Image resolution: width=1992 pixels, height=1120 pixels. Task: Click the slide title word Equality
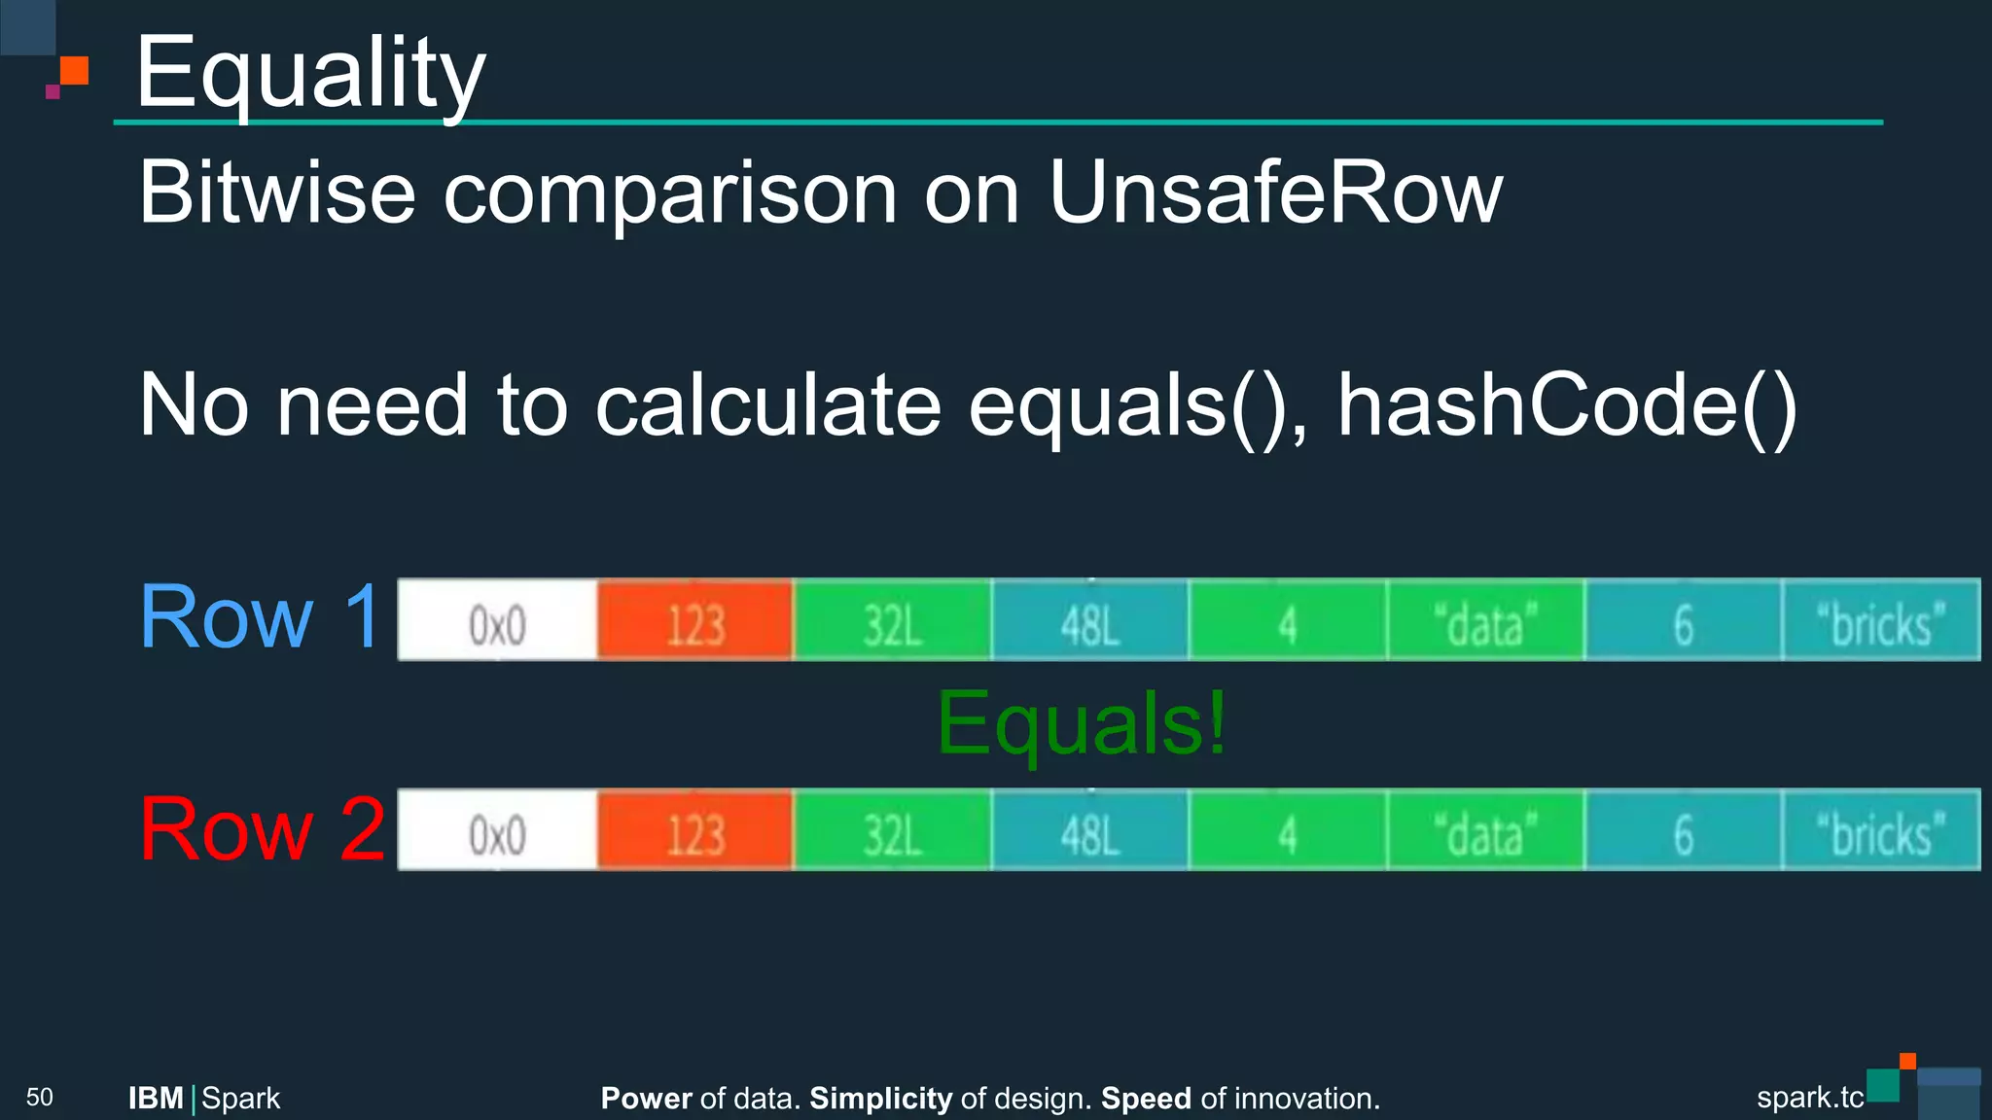[309, 74]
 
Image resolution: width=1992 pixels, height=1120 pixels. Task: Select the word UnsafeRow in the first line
[1275, 192]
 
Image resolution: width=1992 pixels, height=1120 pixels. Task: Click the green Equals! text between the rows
[1082, 723]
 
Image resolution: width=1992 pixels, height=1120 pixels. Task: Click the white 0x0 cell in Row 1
[497, 620]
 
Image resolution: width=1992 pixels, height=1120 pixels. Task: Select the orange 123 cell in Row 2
[695, 830]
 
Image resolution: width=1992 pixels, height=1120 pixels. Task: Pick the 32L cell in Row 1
[893, 620]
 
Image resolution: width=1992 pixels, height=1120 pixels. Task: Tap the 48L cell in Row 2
[1090, 830]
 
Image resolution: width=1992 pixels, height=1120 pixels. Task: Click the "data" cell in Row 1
[1485, 620]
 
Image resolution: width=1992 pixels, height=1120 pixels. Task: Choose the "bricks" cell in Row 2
[1881, 830]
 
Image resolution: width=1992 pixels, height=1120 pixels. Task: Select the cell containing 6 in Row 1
[1683, 620]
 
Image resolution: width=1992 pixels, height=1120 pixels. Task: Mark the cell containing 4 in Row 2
[1288, 830]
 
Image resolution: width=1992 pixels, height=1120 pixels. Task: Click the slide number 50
[40, 1098]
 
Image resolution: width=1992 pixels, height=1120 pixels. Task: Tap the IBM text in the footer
[156, 1099]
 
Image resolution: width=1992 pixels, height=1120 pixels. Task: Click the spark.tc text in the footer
[1809, 1098]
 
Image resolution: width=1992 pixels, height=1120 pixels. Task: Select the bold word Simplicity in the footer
[880, 1099]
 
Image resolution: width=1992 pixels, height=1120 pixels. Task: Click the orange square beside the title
[74, 71]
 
